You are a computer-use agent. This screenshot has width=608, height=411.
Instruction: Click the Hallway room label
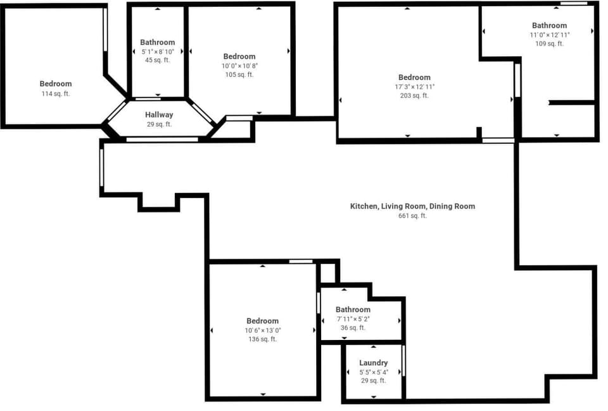coord(159,115)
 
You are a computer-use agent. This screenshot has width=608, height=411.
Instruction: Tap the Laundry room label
coord(374,363)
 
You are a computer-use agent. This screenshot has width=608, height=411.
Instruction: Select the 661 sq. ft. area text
coord(412,216)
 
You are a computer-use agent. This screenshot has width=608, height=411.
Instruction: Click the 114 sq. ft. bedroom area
coord(56,94)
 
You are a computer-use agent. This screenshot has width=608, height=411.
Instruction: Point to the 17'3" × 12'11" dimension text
coord(414,87)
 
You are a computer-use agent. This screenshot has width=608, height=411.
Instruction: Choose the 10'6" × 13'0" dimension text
coord(262,330)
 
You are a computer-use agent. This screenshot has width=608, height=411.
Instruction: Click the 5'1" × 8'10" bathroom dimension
coord(158,51)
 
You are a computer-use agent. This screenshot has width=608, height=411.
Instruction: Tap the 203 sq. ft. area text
coord(414,96)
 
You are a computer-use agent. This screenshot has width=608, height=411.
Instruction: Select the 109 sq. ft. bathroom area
coord(550,44)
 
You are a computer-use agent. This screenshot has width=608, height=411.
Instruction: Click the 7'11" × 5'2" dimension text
coord(353,319)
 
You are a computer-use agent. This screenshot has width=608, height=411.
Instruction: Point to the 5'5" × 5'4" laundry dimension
coord(374,372)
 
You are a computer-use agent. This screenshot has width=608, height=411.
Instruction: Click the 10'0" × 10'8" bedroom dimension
coord(239,66)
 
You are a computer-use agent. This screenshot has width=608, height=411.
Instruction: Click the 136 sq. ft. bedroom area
coord(262,339)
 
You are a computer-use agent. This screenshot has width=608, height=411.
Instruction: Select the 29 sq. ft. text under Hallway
coord(159,124)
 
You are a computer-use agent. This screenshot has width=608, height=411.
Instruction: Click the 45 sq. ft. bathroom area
coord(158,60)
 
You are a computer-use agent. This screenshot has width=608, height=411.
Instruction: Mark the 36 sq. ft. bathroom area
coord(353,328)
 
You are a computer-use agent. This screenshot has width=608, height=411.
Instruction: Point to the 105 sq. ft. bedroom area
coord(239,75)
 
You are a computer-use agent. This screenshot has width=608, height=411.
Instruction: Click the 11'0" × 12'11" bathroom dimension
coord(550,35)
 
